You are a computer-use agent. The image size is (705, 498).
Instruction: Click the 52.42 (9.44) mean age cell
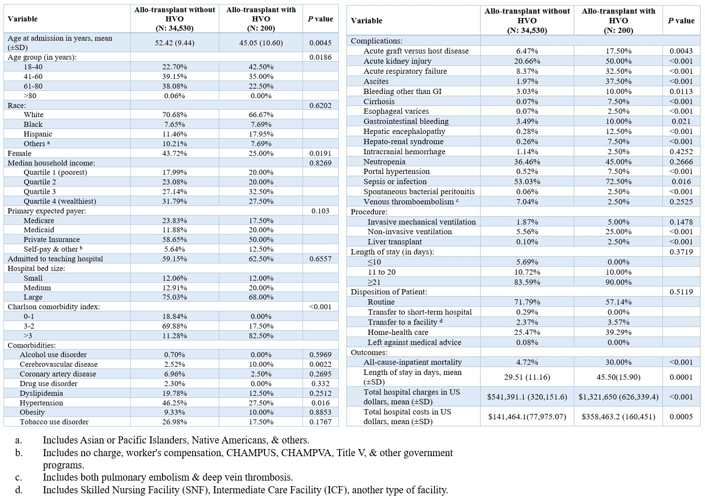click(174, 42)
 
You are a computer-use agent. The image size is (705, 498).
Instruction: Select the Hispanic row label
click(38, 134)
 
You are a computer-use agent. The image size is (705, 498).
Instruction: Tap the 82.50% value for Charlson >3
click(261, 336)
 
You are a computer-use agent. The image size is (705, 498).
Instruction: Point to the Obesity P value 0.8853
click(320, 412)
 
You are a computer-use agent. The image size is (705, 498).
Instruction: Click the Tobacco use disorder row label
click(54, 422)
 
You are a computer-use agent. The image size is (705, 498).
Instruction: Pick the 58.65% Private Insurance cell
click(174, 239)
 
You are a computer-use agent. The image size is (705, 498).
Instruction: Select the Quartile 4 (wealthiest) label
click(60, 201)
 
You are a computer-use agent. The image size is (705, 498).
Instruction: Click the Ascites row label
click(376, 81)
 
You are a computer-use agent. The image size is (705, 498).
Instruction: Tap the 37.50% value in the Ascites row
click(619, 81)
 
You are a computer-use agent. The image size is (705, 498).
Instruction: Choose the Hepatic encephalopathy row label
click(404, 131)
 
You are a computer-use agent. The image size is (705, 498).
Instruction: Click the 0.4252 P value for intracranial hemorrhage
click(681, 151)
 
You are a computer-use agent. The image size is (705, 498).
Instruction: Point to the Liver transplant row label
click(395, 242)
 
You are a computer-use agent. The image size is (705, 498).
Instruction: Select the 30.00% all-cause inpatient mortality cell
click(619, 362)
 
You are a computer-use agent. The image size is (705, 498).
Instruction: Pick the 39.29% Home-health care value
click(619, 332)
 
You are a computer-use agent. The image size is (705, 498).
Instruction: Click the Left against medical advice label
click(415, 342)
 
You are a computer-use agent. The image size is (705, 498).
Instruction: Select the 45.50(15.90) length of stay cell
click(619, 377)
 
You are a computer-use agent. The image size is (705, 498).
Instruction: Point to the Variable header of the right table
click(367, 21)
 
